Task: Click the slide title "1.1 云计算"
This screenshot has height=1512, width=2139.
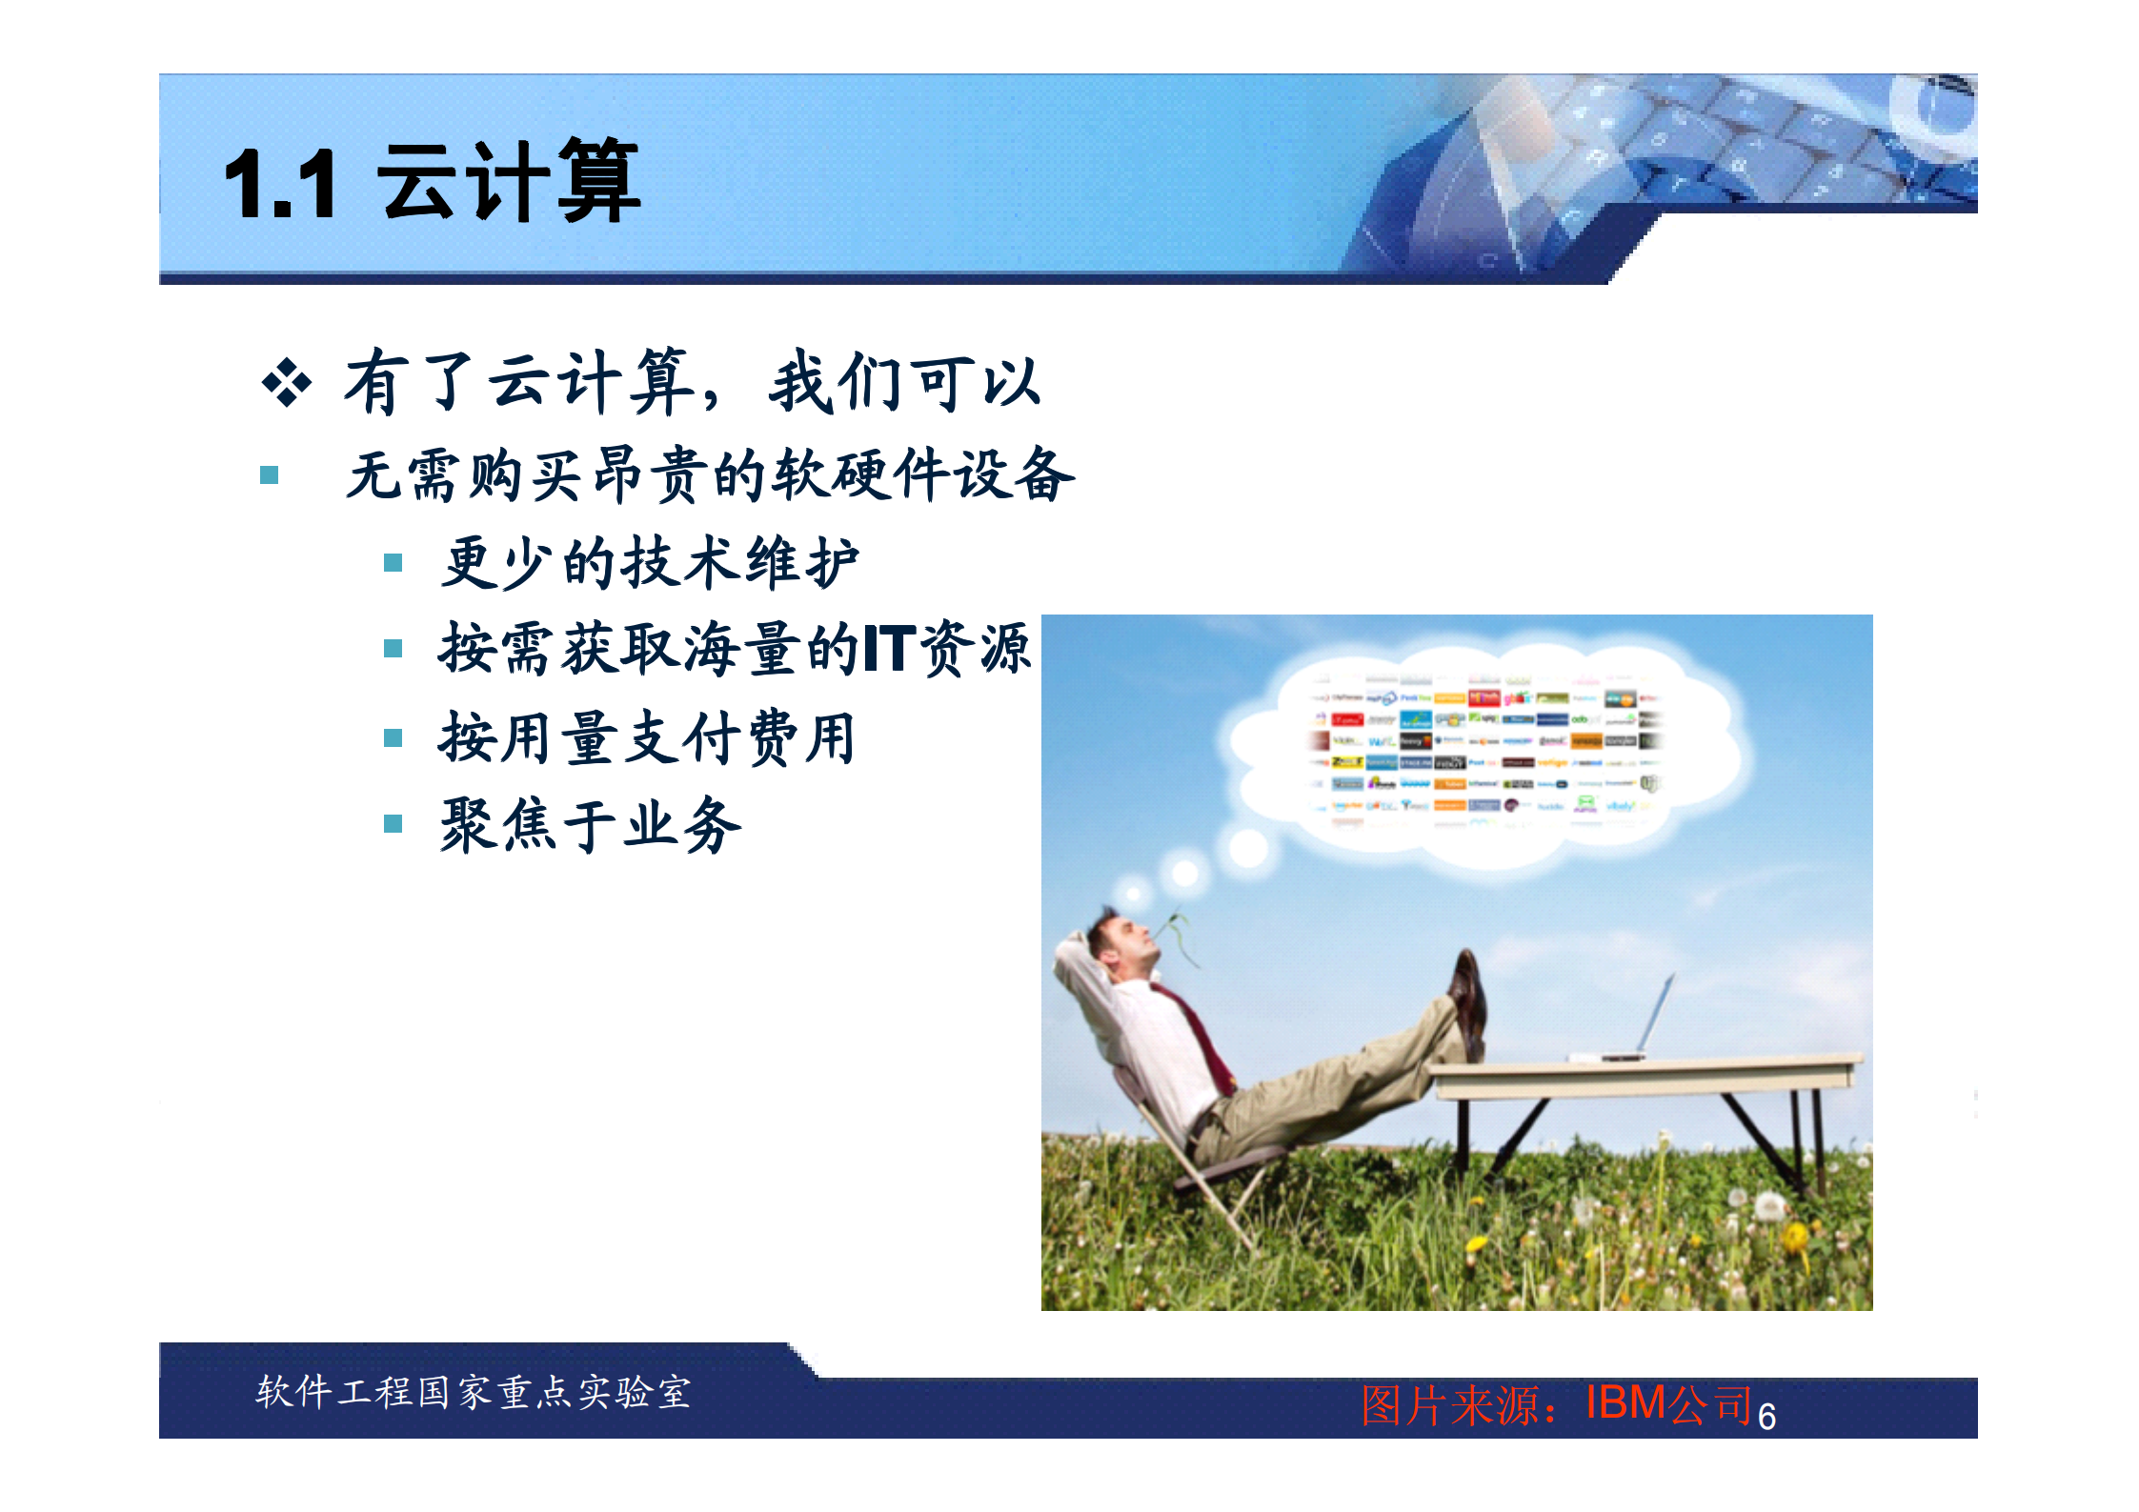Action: click(x=431, y=181)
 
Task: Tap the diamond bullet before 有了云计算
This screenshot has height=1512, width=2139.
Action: click(x=286, y=383)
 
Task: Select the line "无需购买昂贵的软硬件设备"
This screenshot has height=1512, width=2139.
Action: click(x=710, y=474)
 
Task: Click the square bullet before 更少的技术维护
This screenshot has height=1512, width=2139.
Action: click(x=393, y=562)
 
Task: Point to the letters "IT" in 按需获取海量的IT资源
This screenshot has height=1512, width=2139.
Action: click(x=889, y=649)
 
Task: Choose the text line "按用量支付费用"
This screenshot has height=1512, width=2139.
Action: click(x=646, y=737)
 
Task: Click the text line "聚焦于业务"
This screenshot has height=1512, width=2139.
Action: click(x=590, y=824)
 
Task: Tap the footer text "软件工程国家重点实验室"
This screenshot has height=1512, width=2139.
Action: click(x=473, y=1392)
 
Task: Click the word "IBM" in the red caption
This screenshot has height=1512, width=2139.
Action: click(x=1625, y=1402)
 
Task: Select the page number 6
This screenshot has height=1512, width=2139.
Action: click(x=1766, y=1417)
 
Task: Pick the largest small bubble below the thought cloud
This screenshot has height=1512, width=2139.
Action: click(x=1248, y=847)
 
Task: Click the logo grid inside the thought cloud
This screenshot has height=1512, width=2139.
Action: click(x=1486, y=753)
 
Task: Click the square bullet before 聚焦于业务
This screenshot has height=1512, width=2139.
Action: click(x=393, y=823)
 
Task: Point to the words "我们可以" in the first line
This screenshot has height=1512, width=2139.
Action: click(x=904, y=383)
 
